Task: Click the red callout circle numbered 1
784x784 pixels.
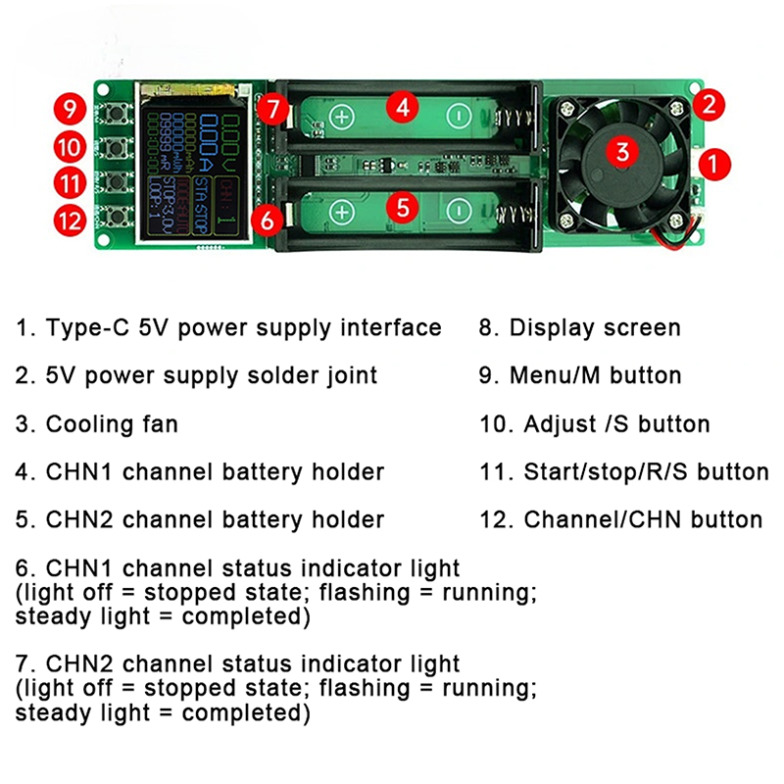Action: coord(718,162)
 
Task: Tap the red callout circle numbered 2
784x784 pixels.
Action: coord(710,102)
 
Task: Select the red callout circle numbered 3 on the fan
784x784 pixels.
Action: coord(620,150)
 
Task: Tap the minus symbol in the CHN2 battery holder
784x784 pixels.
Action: coord(458,210)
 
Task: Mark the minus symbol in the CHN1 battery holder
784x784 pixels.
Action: coord(458,114)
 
